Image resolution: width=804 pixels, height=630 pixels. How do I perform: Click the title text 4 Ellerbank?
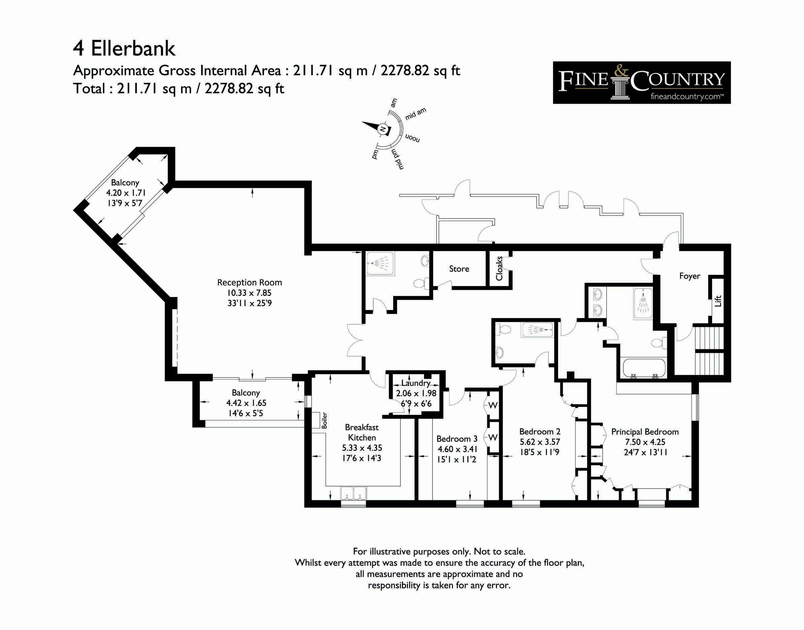coord(124,49)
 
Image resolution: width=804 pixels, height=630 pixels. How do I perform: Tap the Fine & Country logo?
coord(641,82)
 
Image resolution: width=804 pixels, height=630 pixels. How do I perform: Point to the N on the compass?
coord(383,129)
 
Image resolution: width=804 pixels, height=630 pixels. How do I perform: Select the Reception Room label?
coord(250,283)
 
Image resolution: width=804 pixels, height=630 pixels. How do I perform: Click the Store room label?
coord(459,269)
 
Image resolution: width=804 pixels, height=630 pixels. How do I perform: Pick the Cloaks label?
coord(499,268)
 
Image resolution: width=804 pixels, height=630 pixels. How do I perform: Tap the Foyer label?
coord(689,276)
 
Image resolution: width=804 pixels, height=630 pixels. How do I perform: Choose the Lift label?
coord(718,301)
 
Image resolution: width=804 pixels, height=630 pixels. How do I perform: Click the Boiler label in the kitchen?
coord(324,420)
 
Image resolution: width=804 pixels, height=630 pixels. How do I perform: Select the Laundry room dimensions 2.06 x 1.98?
coord(416,393)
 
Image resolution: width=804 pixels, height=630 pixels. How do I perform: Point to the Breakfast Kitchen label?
coord(362,432)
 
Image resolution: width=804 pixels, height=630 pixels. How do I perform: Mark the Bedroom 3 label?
coord(457,438)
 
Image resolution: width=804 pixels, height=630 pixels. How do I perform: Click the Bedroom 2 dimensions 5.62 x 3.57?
coord(540,441)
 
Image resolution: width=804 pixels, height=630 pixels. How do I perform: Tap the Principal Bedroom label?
coord(645,432)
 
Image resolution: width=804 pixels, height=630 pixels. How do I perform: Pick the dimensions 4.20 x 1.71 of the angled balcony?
coord(126,193)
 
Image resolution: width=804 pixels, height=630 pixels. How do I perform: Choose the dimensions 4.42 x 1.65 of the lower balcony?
coord(246,403)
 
